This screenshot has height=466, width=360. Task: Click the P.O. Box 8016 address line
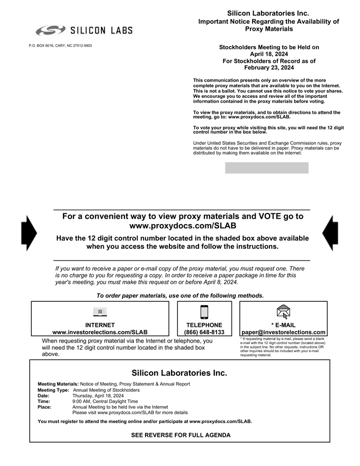point(60,46)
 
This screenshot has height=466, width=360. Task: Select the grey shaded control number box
point(266,168)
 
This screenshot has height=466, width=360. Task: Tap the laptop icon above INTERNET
point(100,312)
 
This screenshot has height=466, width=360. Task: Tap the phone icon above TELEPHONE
point(204,312)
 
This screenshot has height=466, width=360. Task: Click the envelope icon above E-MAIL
point(283,312)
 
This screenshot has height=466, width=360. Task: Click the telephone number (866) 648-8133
point(204,333)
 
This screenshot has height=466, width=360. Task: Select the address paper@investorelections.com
point(283,333)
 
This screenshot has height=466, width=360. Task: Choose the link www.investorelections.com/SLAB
point(100,333)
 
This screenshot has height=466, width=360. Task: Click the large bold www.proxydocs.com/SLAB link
point(182,226)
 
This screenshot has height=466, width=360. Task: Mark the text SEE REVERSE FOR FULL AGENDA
point(181,435)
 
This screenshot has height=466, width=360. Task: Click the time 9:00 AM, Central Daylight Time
point(105,401)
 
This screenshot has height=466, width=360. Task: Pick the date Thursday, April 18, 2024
point(98,396)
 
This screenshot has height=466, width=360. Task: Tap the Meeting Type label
point(53,390)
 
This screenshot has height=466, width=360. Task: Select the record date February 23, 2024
point(269,68)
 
